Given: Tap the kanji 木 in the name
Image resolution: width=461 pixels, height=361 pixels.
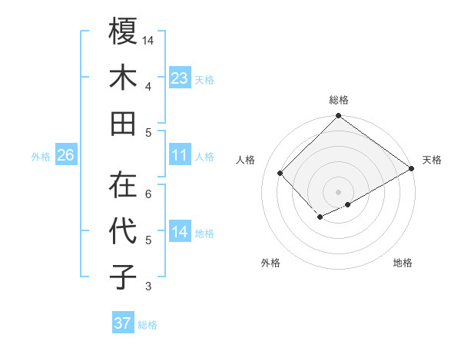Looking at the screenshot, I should click(x=123, y=78).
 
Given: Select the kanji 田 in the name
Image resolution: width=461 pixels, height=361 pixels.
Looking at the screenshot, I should click(x=123, y=123).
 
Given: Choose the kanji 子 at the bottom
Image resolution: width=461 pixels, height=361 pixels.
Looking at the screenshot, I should click(x=123, y=277).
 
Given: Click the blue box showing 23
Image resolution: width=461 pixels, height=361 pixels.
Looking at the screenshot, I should click(x=180, y=78).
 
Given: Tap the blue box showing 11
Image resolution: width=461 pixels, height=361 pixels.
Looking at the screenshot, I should click(x=180, y=156).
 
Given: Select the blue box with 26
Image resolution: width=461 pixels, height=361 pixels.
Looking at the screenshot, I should click(x=66, y=156).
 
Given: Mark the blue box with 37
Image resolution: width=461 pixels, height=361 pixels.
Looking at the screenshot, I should click(x=123, y=323).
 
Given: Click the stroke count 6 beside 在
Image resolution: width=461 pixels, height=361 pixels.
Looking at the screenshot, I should click(x=148, y=194).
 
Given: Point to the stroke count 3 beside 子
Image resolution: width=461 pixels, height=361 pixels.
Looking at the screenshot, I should click(x=148, y=287).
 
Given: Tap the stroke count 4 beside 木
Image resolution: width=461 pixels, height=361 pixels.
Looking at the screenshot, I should click(x=148, y=86).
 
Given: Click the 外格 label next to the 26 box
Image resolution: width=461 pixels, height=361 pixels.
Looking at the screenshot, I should click(x=41, y=157).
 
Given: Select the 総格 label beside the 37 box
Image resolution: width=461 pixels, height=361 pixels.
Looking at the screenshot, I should click(x=148, y=325).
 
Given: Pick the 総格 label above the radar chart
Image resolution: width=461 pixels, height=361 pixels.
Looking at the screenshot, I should click(x=338, y=100).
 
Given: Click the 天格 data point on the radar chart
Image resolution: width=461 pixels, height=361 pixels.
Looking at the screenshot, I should click(x=411, y=168).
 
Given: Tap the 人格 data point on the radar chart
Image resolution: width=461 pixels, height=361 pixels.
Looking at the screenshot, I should click(x=280, y=173).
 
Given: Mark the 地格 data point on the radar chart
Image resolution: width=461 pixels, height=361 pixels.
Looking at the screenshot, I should click(x=348, y=204).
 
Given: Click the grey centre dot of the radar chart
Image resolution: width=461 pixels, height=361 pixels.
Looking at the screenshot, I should click(x=338, y=190).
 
